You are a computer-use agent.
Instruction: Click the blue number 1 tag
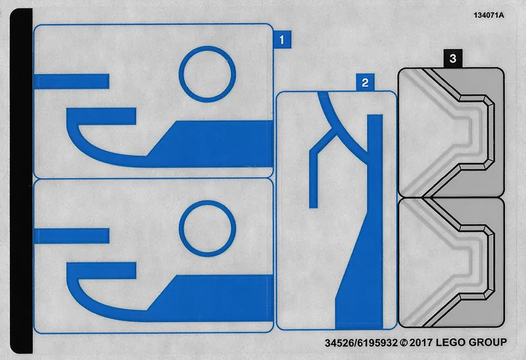[x=282, y=39]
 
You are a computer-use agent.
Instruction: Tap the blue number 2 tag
[x=365, y=83]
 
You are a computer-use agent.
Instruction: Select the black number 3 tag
[x=453, y=58]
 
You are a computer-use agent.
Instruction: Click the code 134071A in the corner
[x=489, y=15]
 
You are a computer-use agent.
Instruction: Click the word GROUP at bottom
[x=487, y=342]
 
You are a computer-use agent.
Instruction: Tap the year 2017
[x=421, y=342]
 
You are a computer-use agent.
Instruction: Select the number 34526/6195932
[x=361, y=343]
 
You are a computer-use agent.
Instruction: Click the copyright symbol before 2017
[x=404, y=343]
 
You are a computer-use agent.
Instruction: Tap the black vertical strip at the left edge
[x=22, y=181]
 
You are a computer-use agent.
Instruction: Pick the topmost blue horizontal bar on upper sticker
[x=72, y=81]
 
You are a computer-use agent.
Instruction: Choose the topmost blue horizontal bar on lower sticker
[x=72, y=236]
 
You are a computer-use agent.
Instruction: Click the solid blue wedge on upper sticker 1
[x=215, y=144]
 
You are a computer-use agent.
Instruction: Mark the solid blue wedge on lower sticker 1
[x=215, y=298]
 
